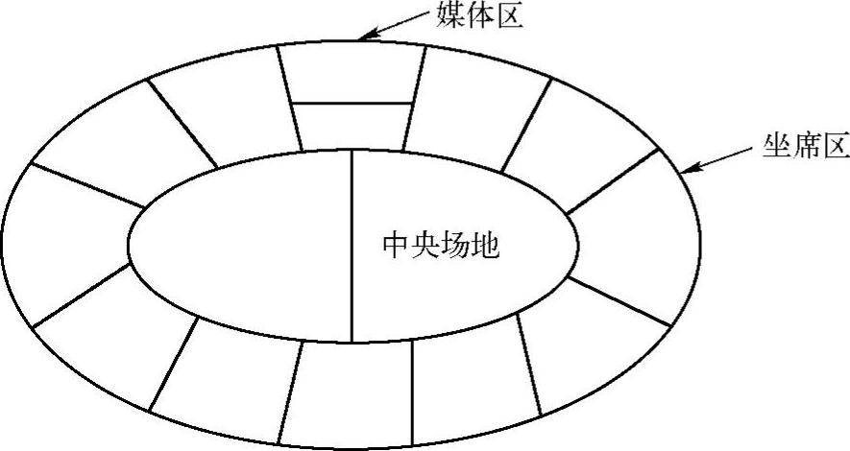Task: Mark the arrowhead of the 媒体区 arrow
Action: (x=364, y=37)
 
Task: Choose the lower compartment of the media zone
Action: (x=352, y=125)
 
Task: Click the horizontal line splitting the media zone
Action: (x=352, y=102)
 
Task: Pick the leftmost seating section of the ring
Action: (x=67, y=245)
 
